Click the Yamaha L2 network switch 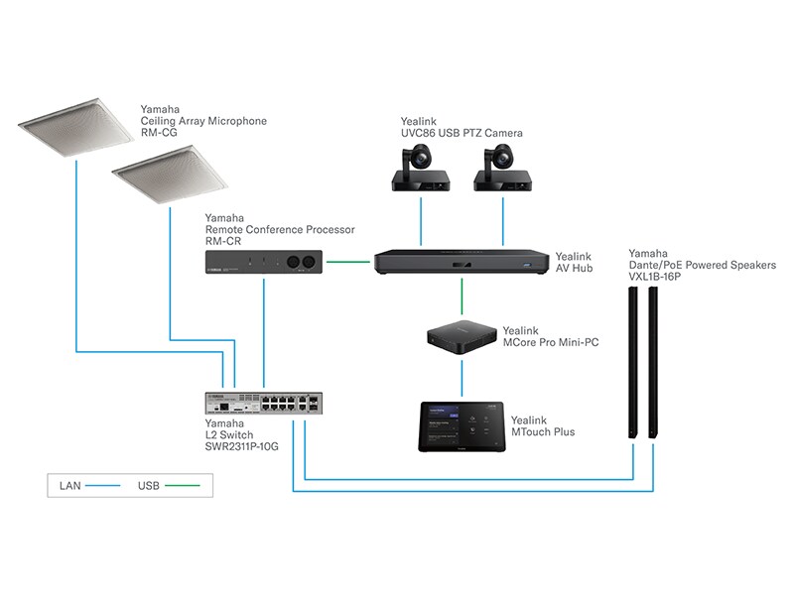point(263,404)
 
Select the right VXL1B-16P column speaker point(655,366)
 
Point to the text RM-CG point(158,134)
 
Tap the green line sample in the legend point(186,487)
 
